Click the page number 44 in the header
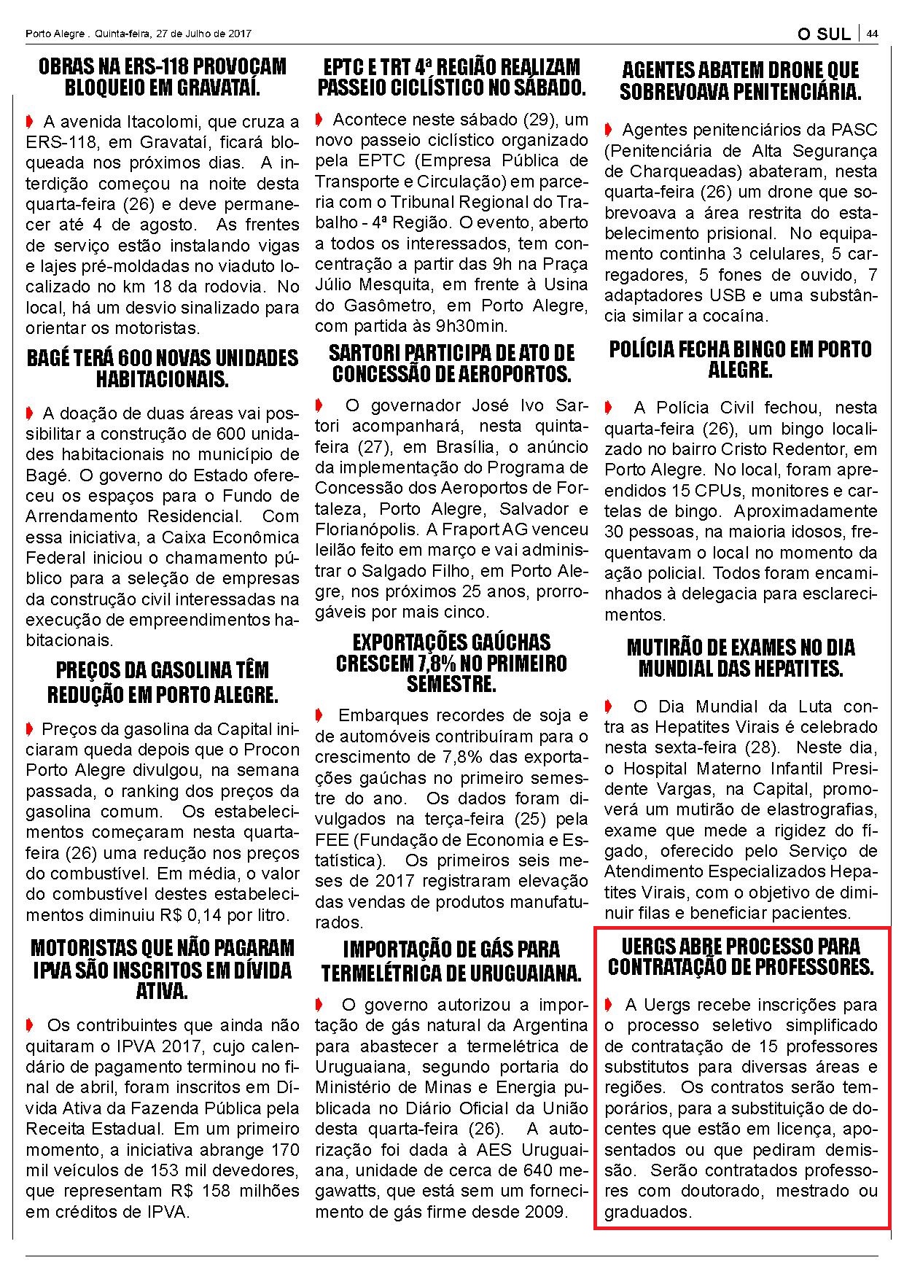tap(871, 34)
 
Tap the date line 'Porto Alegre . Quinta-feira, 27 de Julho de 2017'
tap(138, 34)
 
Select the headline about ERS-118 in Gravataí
tap(163, 77)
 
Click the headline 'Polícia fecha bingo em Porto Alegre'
tap(740, 359)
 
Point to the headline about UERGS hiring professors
tap(740, 957)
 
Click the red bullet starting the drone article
tap(609, 130)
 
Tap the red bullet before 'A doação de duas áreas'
tap(29, 413)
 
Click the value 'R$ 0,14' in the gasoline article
tap(214, 914)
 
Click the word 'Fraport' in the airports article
tap(482, 529)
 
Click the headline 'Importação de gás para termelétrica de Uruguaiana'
tap(451, 961)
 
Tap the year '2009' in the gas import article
tap(542, 1212)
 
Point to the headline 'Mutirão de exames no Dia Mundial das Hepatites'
tap(740, 658)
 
